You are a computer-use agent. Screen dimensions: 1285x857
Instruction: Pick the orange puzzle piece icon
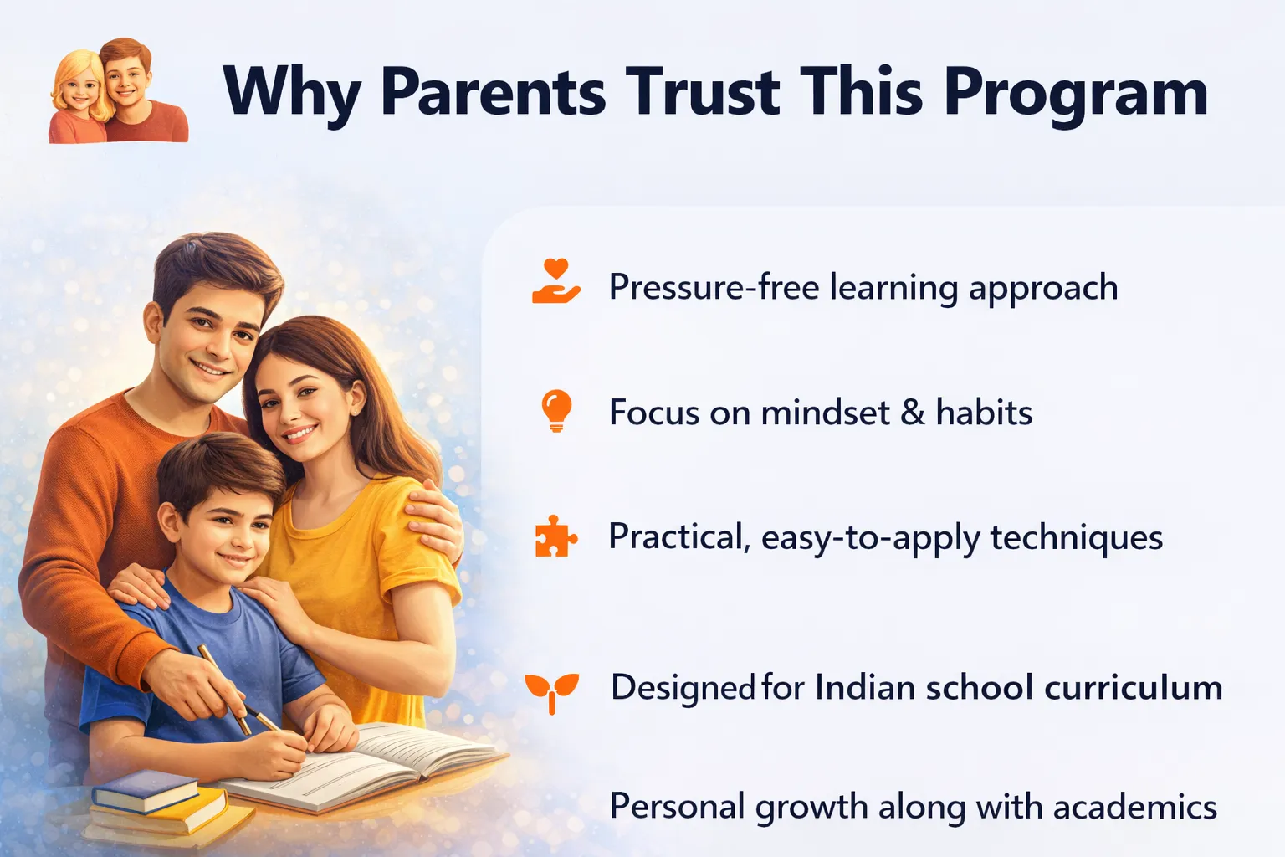pos(555,536)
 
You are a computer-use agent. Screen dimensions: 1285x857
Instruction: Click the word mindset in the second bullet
pos(826,412)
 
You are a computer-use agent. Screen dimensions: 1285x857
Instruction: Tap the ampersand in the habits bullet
pos(913,412)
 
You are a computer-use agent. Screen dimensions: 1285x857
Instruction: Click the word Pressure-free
pos(714,286)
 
